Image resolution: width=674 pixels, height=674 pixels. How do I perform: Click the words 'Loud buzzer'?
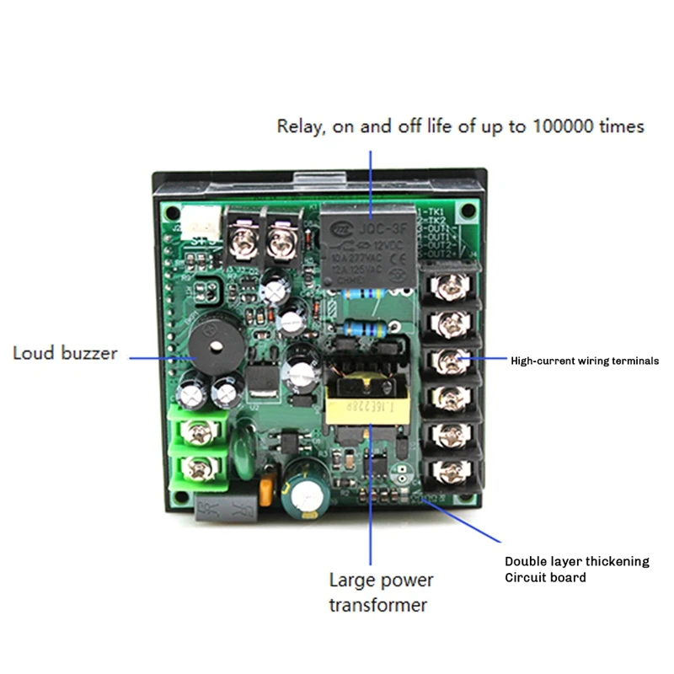65,352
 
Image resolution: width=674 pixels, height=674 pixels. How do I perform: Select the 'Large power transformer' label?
381,592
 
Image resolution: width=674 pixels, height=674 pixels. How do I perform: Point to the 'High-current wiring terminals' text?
585,361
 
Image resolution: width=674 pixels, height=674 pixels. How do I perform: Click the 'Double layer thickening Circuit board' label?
576,569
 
